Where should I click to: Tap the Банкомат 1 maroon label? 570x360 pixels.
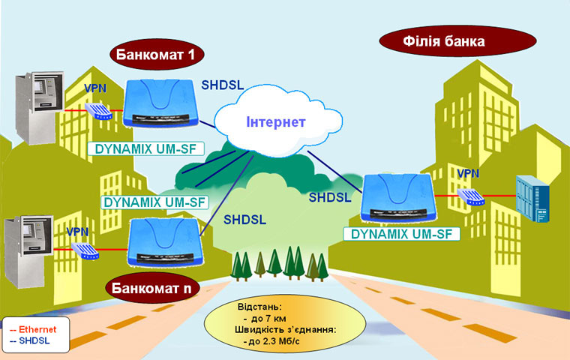click(x=158, y=54)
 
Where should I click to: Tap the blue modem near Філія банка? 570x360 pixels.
click(x=397, y=196)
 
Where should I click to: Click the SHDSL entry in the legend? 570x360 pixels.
click(x=32, y=340)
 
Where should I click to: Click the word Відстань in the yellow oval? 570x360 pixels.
click(x=258, y=307)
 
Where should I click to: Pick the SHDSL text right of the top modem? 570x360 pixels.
click(x=223, y=85)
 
